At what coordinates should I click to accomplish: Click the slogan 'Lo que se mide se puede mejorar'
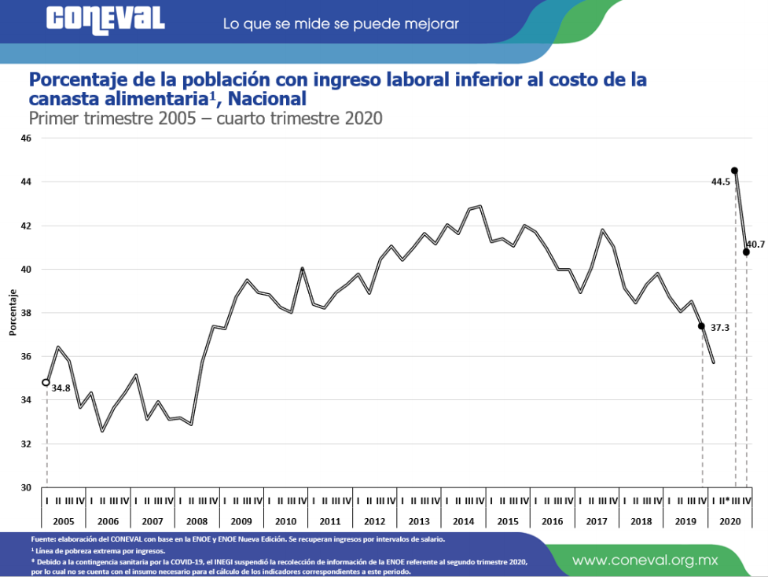point(340,24)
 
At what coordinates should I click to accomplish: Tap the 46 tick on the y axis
point(26,138)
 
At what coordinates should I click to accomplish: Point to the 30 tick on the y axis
point(26,487)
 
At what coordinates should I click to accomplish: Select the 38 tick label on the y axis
point(26,313)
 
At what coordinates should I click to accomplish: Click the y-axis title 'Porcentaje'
point(13,313)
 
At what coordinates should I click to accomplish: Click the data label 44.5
point(720,182)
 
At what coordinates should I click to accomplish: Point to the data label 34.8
point(61,388)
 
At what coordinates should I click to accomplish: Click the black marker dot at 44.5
point(734,171)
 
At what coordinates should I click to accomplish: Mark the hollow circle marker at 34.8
point(46,383)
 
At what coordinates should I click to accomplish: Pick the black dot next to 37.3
point(701,325)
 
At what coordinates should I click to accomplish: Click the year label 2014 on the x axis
point(464,521)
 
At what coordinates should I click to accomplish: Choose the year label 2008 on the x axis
point(197,521)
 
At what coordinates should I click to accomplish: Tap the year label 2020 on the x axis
point(730,521)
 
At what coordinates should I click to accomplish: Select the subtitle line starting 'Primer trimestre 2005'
point(205,119)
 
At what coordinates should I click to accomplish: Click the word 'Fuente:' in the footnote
point(44,539)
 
